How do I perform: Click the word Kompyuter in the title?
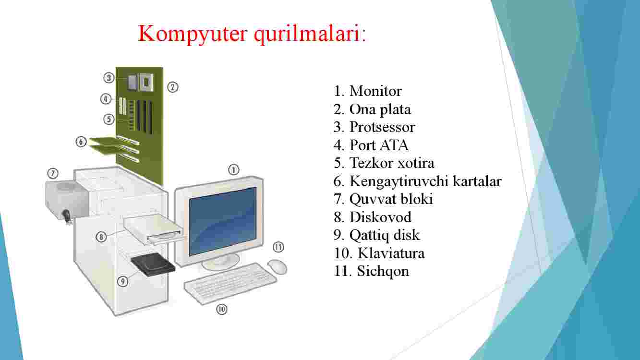tap(193, 34)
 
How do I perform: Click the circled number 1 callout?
tap(234, 170)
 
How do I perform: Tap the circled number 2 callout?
tap(172, 87)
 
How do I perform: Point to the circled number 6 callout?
tap(81, 142)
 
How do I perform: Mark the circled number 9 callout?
tap(123, 281)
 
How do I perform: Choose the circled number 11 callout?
tap(278, 247)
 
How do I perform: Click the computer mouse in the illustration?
tap(277, 267)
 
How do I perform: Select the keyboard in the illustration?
tap(230, 283)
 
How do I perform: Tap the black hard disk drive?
tap(153, 264)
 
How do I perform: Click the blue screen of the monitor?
tap(223, 221)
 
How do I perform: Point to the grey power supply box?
tap(67, 199)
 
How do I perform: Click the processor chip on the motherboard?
tap(146, 82)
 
